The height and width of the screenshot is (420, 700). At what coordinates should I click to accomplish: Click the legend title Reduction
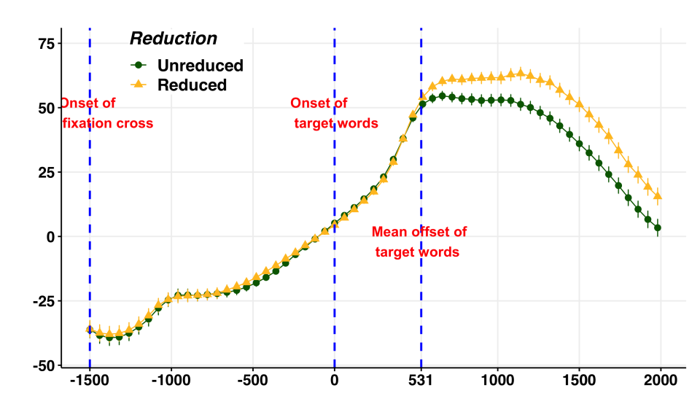pos(173,39)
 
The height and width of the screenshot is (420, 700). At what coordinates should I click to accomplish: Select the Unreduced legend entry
pos(200,66)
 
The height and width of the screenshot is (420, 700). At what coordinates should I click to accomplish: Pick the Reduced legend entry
pos(192,85)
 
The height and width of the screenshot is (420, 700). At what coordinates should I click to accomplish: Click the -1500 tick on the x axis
pos(90,381)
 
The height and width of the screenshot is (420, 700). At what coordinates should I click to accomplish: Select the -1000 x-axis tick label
pos(171,381)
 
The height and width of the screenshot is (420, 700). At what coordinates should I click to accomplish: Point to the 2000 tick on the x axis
pos(661,381)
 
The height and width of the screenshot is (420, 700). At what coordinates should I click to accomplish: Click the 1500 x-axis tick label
pos(580,381)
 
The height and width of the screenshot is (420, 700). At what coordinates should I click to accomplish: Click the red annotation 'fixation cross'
pos(107,123)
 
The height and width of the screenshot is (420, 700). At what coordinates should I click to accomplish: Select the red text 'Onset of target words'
pos(335,113)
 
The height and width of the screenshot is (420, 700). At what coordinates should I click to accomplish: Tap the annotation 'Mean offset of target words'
pos(419,242)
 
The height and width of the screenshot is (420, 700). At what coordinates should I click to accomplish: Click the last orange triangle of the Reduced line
pos(658,195)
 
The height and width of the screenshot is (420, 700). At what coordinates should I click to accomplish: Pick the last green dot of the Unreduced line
pos(658,228)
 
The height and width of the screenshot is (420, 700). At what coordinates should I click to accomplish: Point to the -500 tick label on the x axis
pos(252,381)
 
